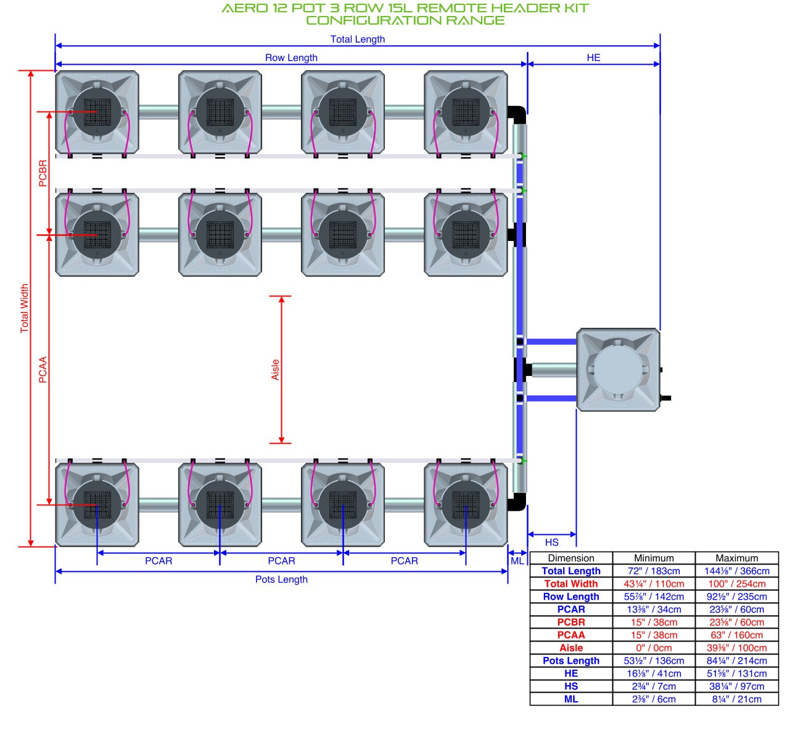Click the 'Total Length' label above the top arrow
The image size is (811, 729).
[357, 39]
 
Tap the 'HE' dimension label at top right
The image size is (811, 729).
[593, 58]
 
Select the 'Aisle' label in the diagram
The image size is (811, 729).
[275, 369]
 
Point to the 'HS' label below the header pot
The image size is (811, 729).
[551, 542]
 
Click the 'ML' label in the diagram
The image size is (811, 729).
[517, 561]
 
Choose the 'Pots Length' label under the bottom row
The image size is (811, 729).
[281, 579]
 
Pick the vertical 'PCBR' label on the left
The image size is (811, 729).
[43, 173]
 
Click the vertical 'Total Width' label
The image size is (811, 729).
[24, 308]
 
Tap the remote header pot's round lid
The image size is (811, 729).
[618, 369]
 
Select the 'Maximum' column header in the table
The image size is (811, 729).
[736, 558]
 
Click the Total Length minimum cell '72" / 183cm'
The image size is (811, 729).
[654, 571]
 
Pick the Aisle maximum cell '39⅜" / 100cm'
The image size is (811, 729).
[736, 648]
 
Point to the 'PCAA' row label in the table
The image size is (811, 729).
[571, 635]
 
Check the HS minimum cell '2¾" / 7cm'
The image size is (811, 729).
[654, 686]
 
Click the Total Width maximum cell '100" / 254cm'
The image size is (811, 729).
[736, 584]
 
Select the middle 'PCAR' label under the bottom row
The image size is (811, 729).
[281, 561]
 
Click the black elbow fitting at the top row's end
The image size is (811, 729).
[517, 115]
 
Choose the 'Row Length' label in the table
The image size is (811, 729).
[571, 597]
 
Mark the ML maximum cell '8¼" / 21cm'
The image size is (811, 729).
[736, 699]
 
